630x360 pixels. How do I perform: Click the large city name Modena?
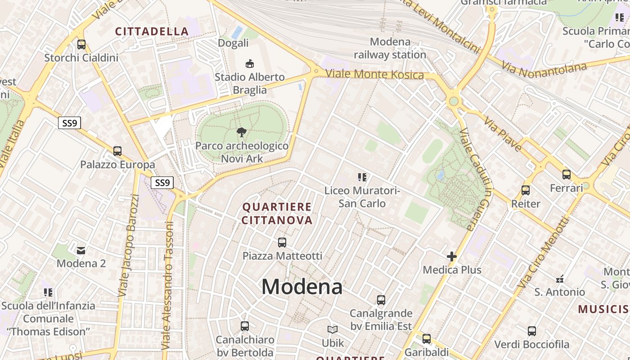pos(302,287)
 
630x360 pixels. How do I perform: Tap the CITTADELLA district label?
pos(152,31)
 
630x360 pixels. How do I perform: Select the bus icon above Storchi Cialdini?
pos(81,45)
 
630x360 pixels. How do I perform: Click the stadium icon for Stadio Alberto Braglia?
pos(249,63)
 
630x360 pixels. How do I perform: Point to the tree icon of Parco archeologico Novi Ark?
pos(242,132)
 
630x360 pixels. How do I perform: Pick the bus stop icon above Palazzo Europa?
pos(117,151)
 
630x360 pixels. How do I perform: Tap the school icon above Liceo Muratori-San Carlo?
pos(362,177)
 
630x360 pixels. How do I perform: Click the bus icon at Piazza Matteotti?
pos(282,243)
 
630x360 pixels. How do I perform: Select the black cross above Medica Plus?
pos(452,256)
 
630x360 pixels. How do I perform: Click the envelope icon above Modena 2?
pos(81,250)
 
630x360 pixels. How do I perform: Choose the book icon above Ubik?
pos(333,330)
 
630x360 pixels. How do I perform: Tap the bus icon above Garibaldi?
pos(427,338)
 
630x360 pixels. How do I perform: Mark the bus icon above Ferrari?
pos(567,175)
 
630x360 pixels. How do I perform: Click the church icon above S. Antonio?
pos(560,279)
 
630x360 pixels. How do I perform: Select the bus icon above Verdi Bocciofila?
pos(532,332)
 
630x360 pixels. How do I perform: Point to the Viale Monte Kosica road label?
pos(374,74)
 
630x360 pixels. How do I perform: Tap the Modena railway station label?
pos(390,48)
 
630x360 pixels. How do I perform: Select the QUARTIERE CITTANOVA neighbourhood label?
pos(277,213)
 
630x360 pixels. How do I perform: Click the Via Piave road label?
pos(503,134)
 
